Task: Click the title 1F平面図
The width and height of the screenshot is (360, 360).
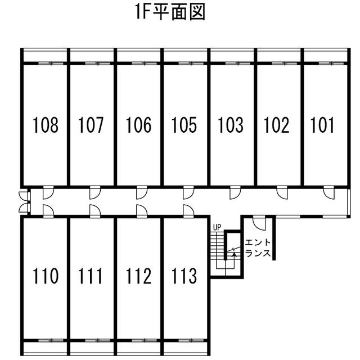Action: click(170, 12)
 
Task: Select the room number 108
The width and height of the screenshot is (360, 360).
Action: click(46, 125)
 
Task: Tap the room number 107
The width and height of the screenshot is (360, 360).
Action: click(91, 125)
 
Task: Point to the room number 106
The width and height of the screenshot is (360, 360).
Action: click(138, 125)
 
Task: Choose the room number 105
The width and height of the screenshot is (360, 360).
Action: click(184, 125)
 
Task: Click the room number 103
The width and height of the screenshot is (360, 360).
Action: click(231, 125)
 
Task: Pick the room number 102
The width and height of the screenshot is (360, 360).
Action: click(276, 125)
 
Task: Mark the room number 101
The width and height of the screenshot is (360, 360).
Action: click(322, 125)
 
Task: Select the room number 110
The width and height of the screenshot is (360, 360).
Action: click(46, 276)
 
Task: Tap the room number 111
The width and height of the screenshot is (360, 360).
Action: click(90, 276)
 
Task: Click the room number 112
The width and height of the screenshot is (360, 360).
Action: click(138, 276)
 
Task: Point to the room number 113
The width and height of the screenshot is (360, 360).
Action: click(184, 276)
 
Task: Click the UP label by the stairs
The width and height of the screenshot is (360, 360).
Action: click(217, 227)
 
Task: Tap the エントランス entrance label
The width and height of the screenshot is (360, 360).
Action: click(258, 248)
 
